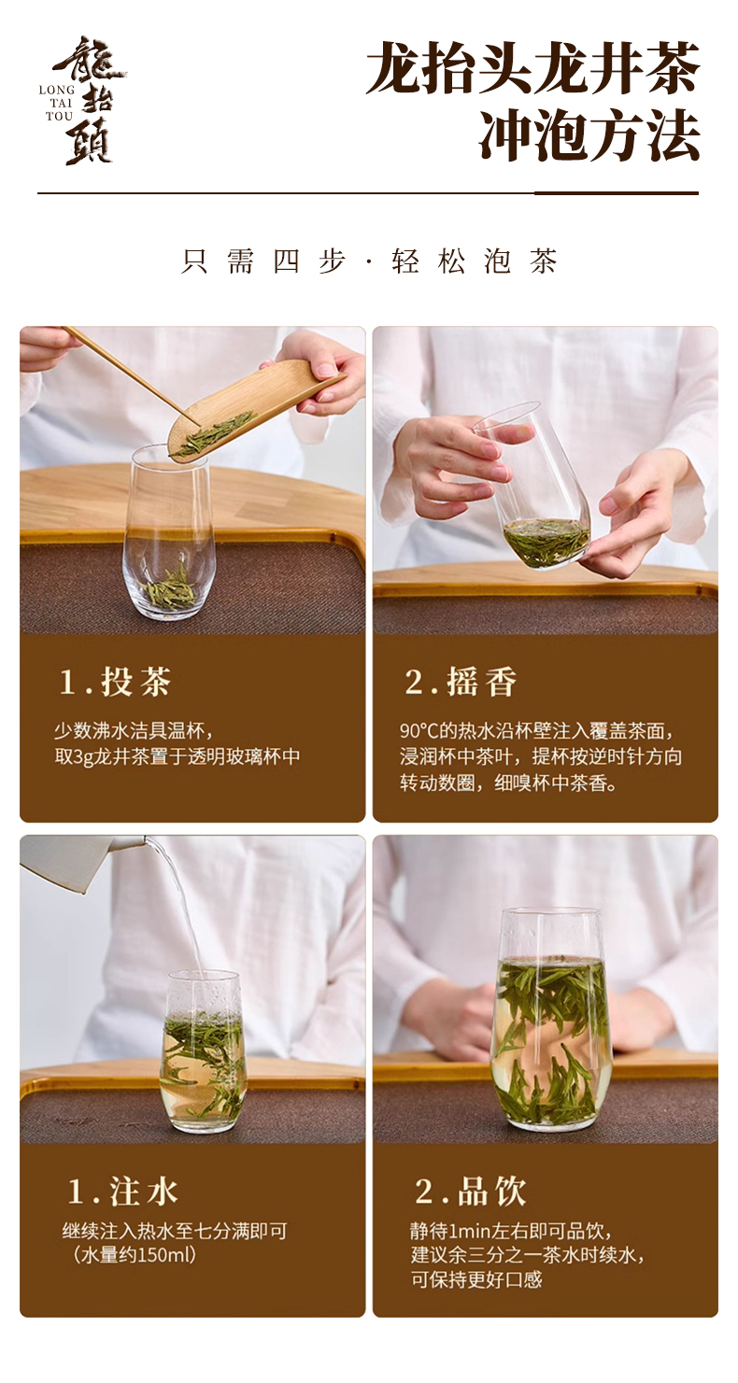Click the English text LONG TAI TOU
pyautogui.click(x=57, y=103)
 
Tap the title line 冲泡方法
pyautogui.click(x=589, y=134)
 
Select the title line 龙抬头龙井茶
pyautogui.click(x=533, y=68)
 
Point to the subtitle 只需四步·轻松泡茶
pyautogui.click(x=369, y=261)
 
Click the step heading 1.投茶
pyautogui.click(x=115, y=682)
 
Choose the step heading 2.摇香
pyautogui.click(x=461, y=682)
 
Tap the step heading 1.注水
pyautogui.click(x=123, y=1191)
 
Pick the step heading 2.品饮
pyautogui.click(x=471, y=1191)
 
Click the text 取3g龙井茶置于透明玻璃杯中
pyautogui.click(x=177, y=757)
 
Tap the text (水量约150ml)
pyautogui.click(x=134, y=1255)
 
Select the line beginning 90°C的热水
pyautogui.click(x=536, y=731)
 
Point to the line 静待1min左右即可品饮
pyautogui.click(x=511, y=1231)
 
